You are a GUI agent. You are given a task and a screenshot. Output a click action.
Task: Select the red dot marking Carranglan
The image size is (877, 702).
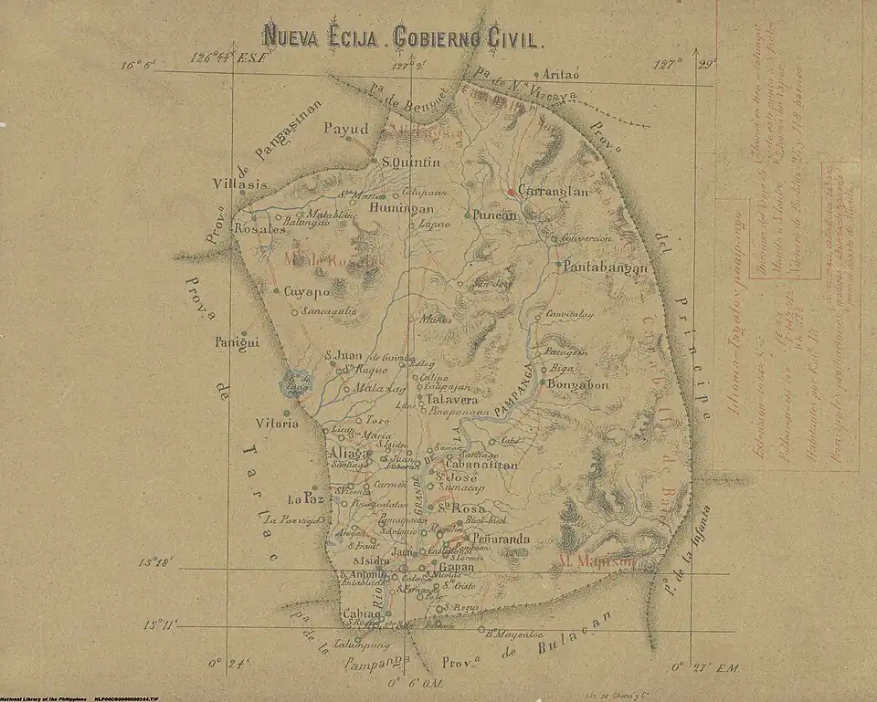(512, 193)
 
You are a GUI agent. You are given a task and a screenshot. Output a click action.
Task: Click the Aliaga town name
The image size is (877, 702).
(347, 454)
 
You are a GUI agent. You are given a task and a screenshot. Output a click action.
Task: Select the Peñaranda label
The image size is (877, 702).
(501, 540)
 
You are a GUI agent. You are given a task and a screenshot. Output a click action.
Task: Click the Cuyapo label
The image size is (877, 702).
(305, 293)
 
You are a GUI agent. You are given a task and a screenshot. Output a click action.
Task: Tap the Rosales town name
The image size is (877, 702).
(259, 230)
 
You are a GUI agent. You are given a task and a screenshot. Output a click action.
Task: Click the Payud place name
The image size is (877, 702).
(345, 130)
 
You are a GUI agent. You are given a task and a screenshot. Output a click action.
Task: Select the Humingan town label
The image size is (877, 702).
(401, 208)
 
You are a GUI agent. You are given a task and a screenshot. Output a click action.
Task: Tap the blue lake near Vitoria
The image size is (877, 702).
(297, 384)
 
